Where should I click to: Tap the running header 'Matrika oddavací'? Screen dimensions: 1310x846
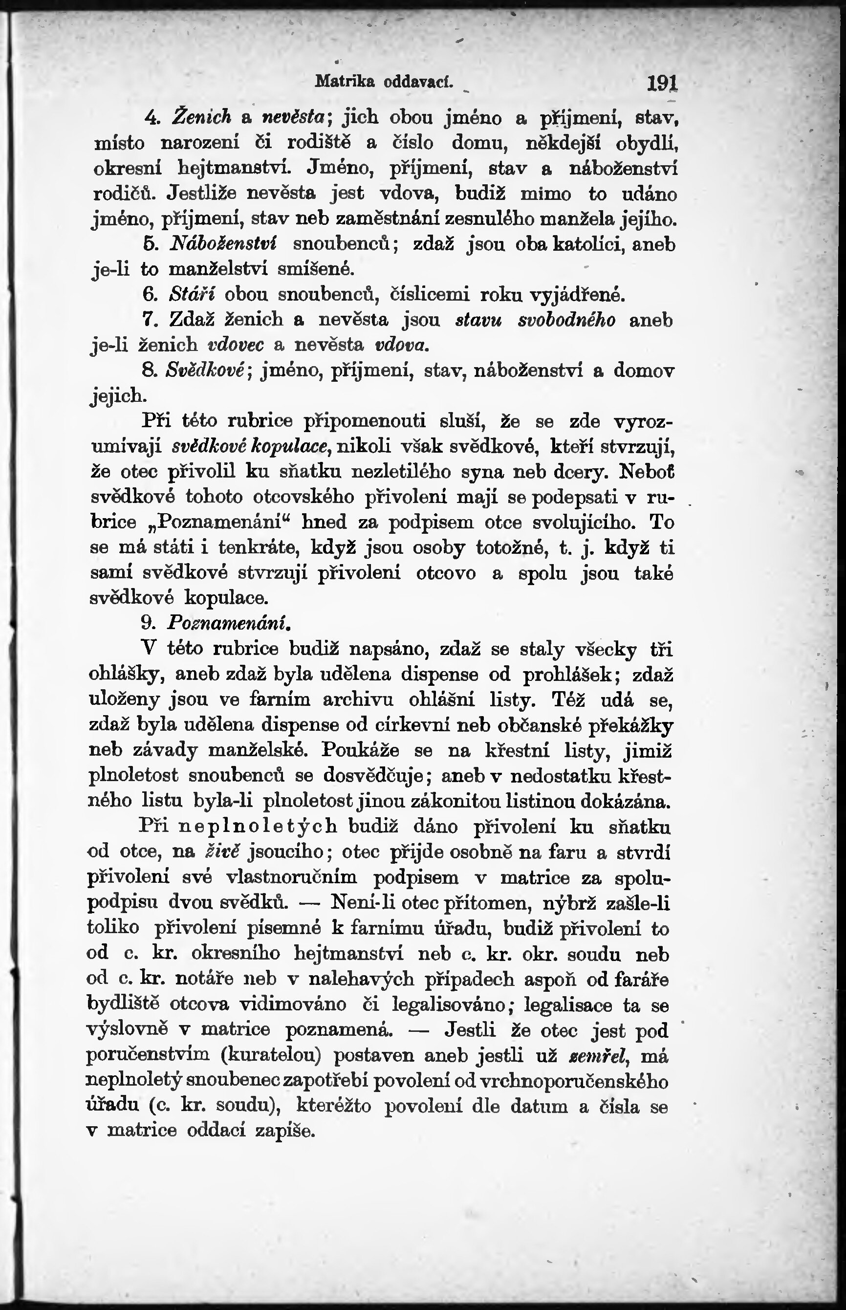pos(384,82)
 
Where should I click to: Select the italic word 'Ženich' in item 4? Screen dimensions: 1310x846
pos(202,116)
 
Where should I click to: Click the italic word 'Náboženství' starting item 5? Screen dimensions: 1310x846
pos(223,243)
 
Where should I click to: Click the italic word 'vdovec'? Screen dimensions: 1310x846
pos(237,345)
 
